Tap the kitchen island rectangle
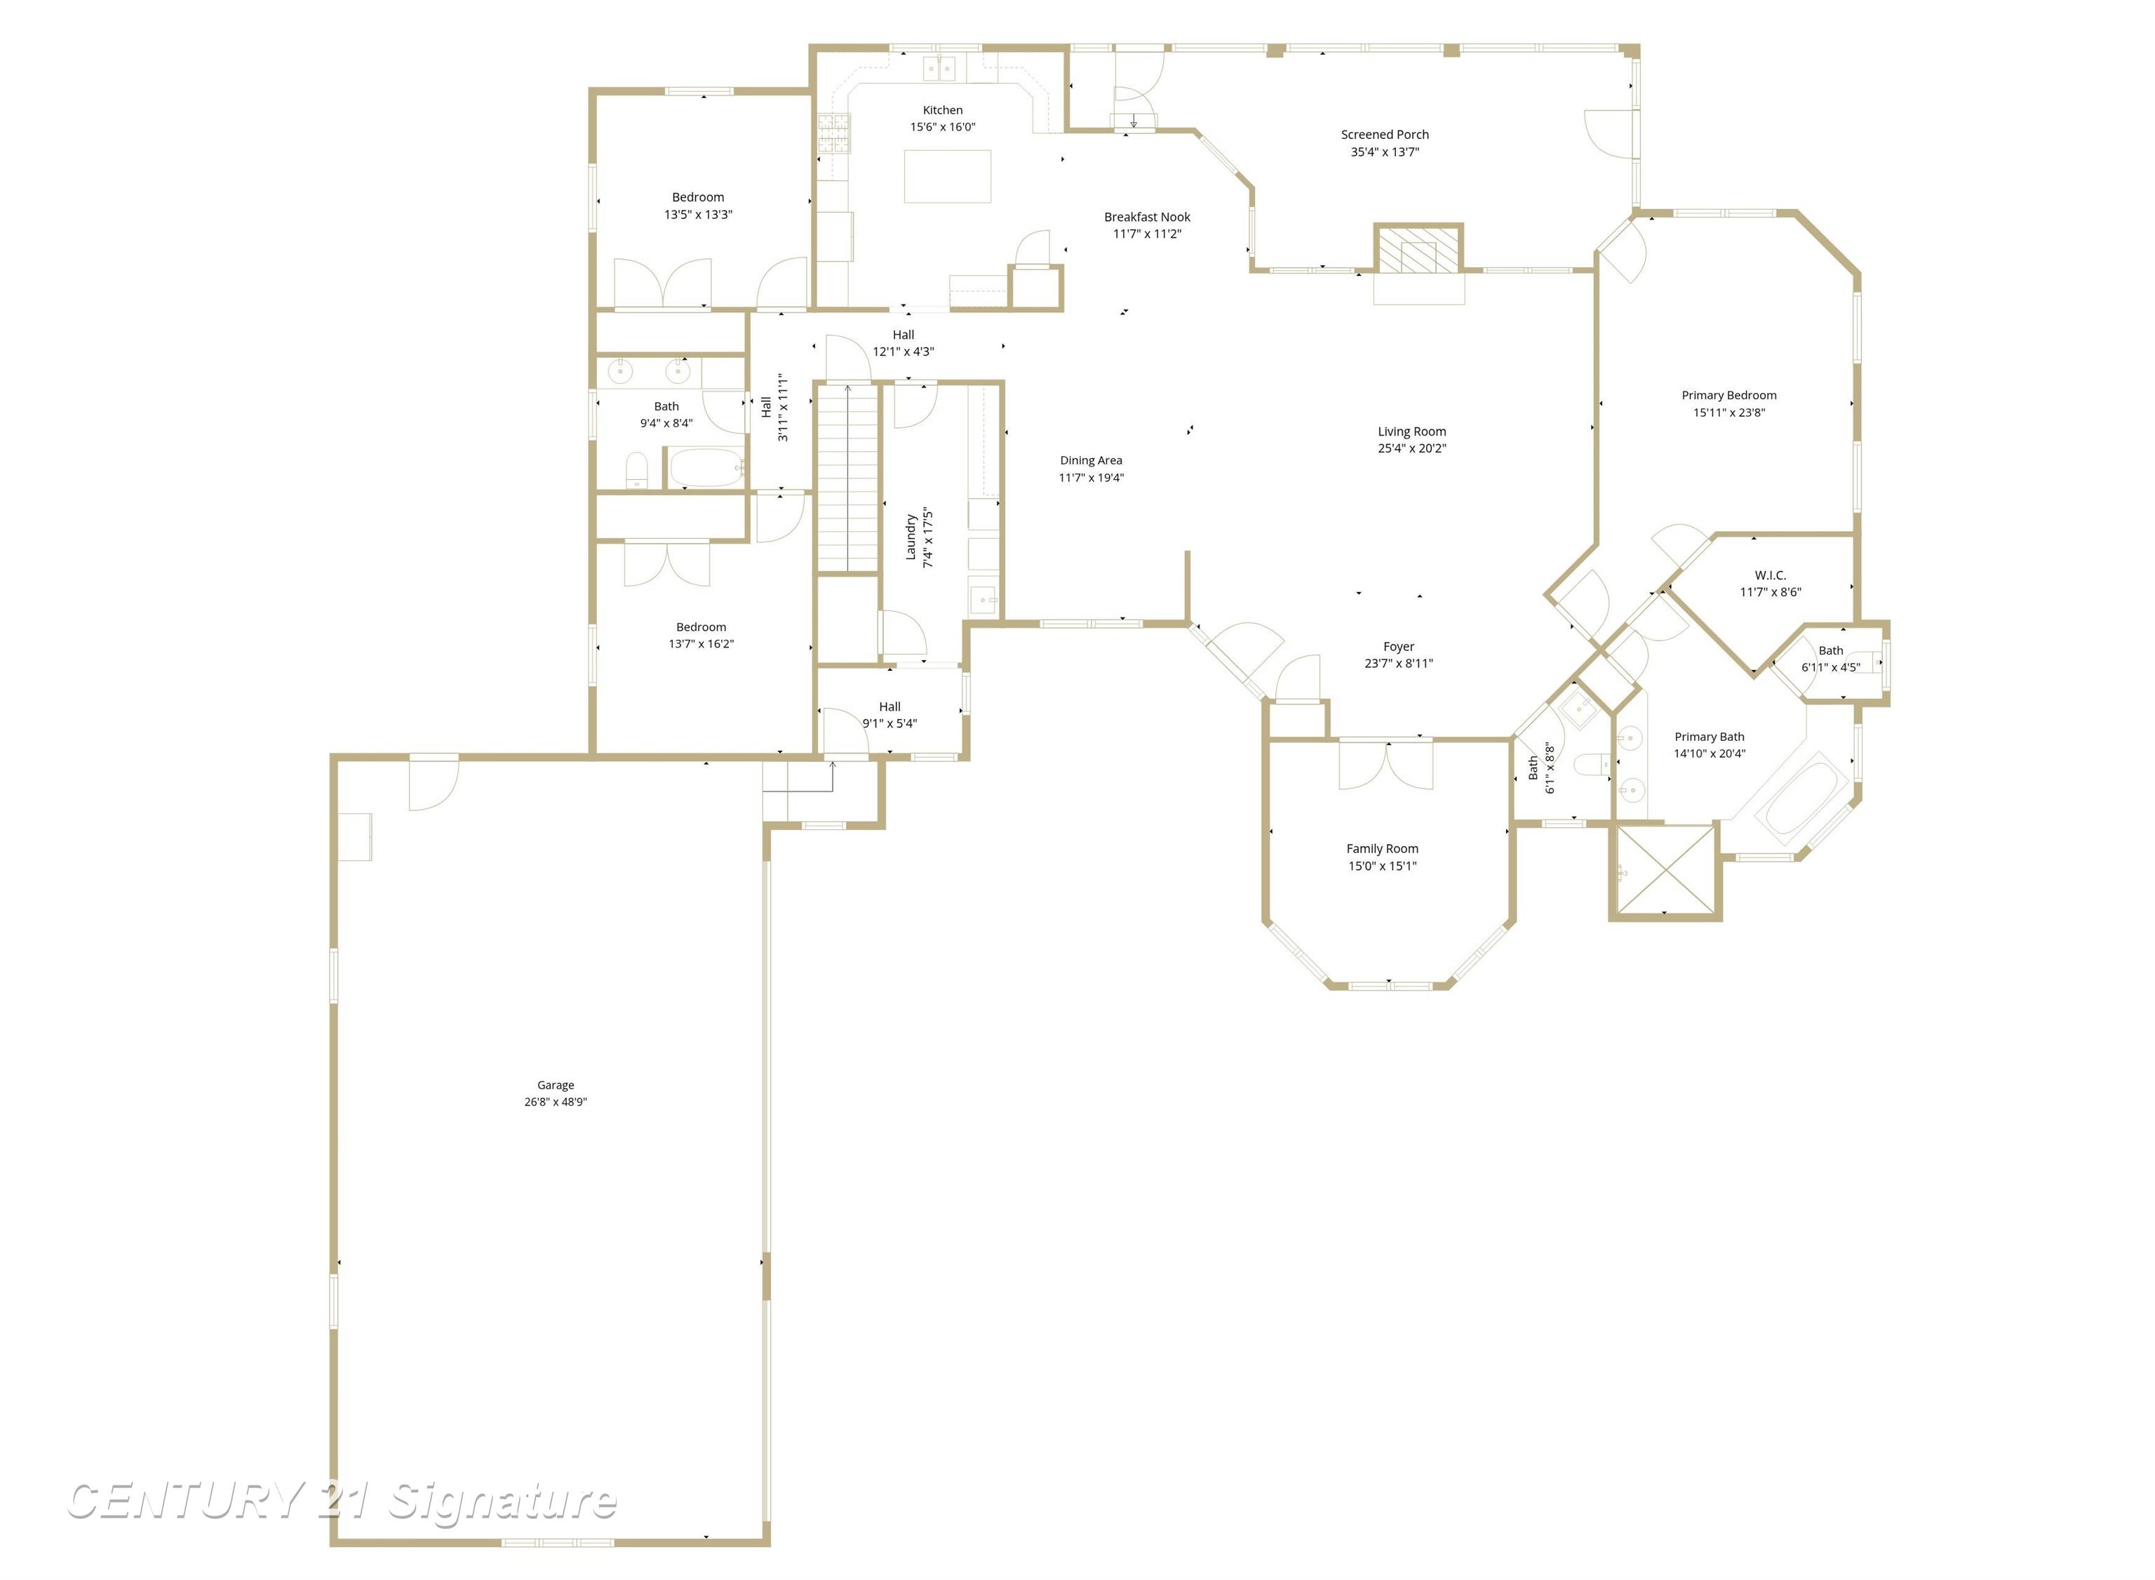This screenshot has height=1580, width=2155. (948, 176)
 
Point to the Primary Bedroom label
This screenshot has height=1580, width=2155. (1728, 395)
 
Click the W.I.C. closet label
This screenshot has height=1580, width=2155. (1770, 575)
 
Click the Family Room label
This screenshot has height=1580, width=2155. (1381, 848)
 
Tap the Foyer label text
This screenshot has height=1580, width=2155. (1398, 647)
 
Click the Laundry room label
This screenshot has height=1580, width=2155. (911, 537)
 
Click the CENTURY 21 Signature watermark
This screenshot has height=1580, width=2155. (342, 1501)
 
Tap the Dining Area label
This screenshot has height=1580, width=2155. (1090, 460)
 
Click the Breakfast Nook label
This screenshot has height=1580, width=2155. (1146, 217)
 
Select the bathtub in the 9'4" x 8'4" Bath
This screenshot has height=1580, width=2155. (706, 469)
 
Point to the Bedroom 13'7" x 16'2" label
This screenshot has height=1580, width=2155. (701, 627)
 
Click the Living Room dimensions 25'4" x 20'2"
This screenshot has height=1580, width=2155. (1411, 448)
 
